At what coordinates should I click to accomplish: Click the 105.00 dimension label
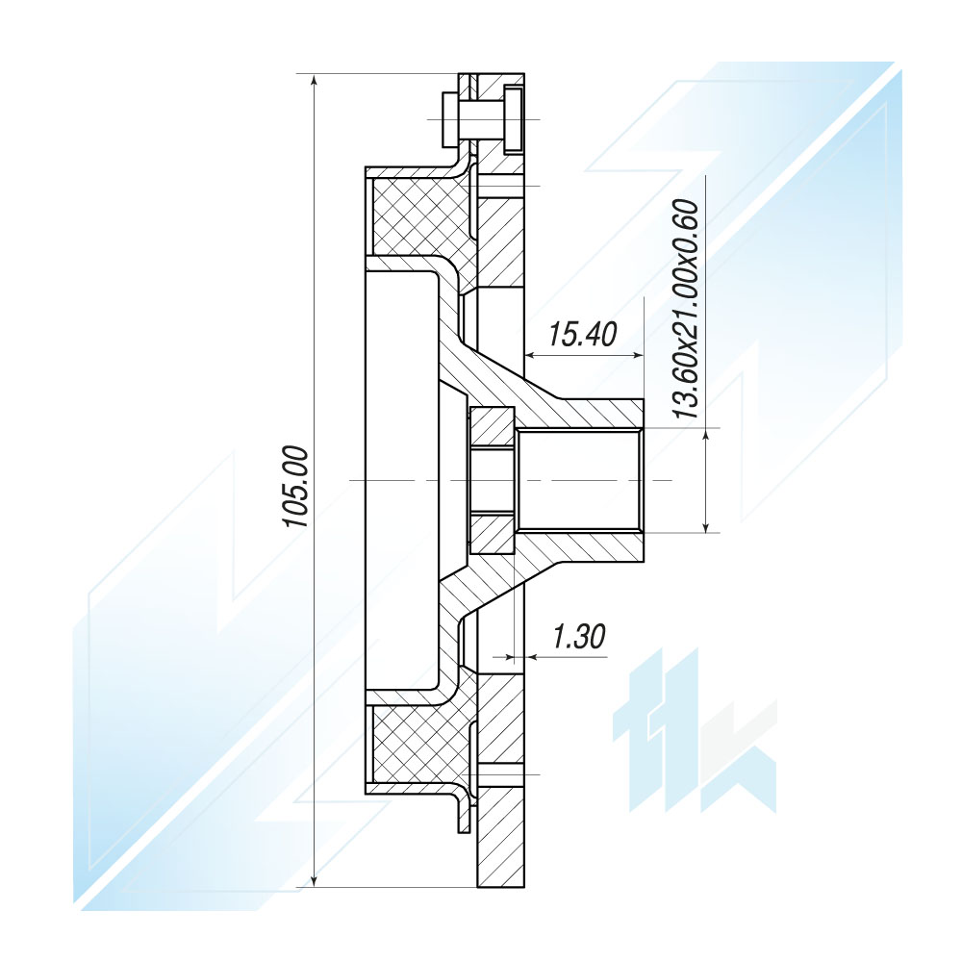[295, 487]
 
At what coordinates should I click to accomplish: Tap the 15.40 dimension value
[582, 335]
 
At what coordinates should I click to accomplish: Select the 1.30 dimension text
[578, 636]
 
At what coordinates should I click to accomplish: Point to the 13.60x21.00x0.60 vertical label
[686, 309]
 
